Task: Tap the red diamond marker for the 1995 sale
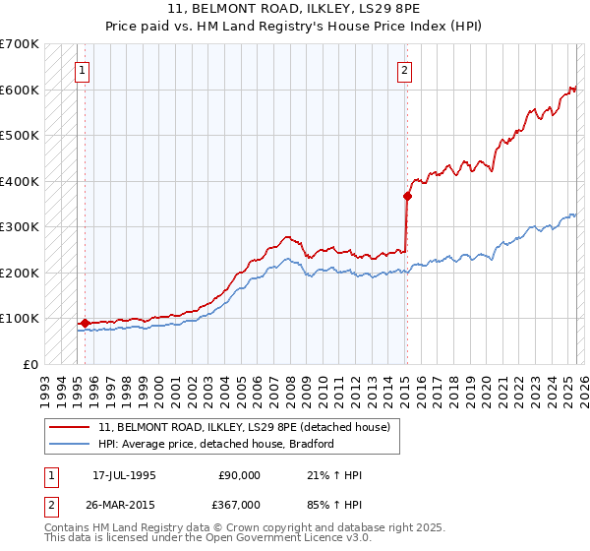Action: click(85, 322)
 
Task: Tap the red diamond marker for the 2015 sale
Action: click(407, 196)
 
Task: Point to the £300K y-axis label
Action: click(20, 227)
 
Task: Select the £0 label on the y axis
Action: click(30, 364)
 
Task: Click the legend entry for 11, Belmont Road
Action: click(245, 427)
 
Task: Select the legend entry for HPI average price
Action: click(216, 444)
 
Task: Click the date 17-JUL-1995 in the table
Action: click(124, 475)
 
